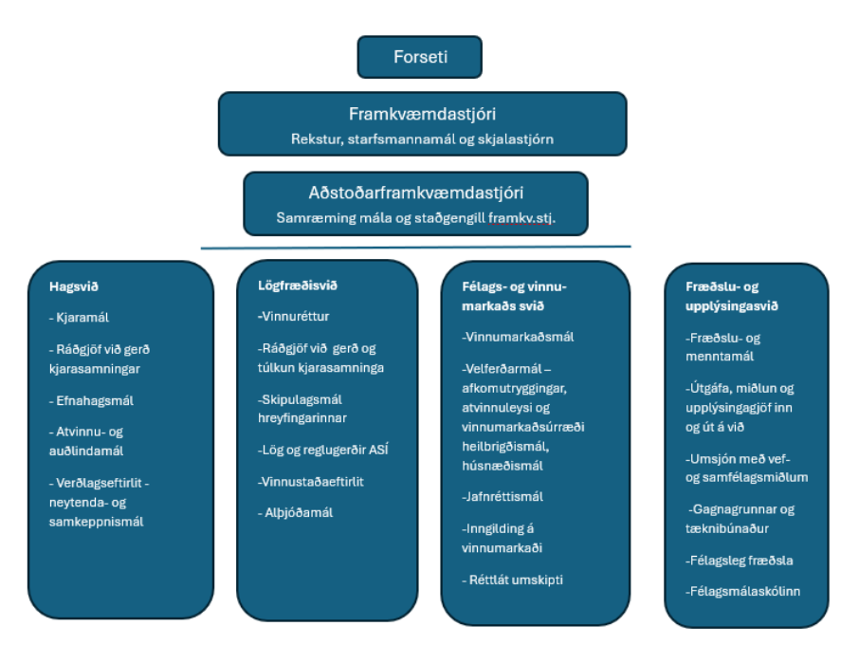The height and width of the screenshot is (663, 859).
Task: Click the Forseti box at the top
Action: [x=420, y=57]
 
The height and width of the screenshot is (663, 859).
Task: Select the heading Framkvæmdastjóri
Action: [x=422, y=114]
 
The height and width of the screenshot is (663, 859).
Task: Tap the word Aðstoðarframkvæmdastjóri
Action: [x=415, y=193]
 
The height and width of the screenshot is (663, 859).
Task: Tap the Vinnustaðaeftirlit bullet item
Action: [x=310, y=481]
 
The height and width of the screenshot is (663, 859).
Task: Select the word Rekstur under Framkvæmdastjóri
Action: [x=314, y=138]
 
